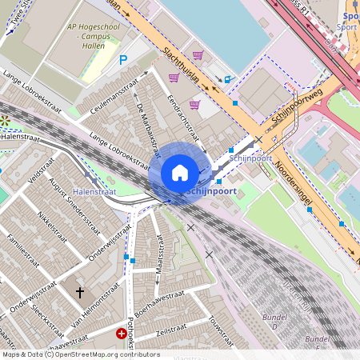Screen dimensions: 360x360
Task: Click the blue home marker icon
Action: coord(180,172)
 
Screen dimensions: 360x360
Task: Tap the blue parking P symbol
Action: coord(122,59)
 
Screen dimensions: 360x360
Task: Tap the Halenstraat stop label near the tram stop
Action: coord(94,191)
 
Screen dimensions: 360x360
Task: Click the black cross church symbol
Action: coord(79,294)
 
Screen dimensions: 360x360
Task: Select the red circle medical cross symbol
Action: coord(122,333)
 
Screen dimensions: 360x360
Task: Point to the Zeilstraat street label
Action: coord(171,330)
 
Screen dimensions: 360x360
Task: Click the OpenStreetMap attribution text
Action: coord(82,354)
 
